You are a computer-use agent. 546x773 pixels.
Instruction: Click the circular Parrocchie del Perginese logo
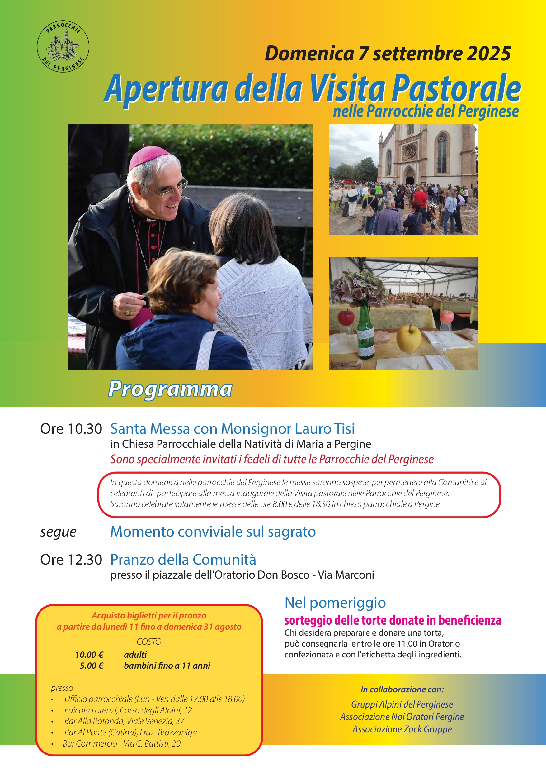63,46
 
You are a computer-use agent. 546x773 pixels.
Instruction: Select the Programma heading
170,389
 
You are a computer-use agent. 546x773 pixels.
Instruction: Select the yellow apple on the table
408,337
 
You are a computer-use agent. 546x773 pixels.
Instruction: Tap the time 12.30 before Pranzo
85,560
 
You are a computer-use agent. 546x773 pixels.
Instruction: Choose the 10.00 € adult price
89,655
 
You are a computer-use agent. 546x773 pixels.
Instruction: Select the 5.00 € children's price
92,666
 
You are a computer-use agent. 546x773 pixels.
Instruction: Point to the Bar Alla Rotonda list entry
124,721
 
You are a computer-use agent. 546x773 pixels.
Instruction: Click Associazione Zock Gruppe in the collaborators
402,729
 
